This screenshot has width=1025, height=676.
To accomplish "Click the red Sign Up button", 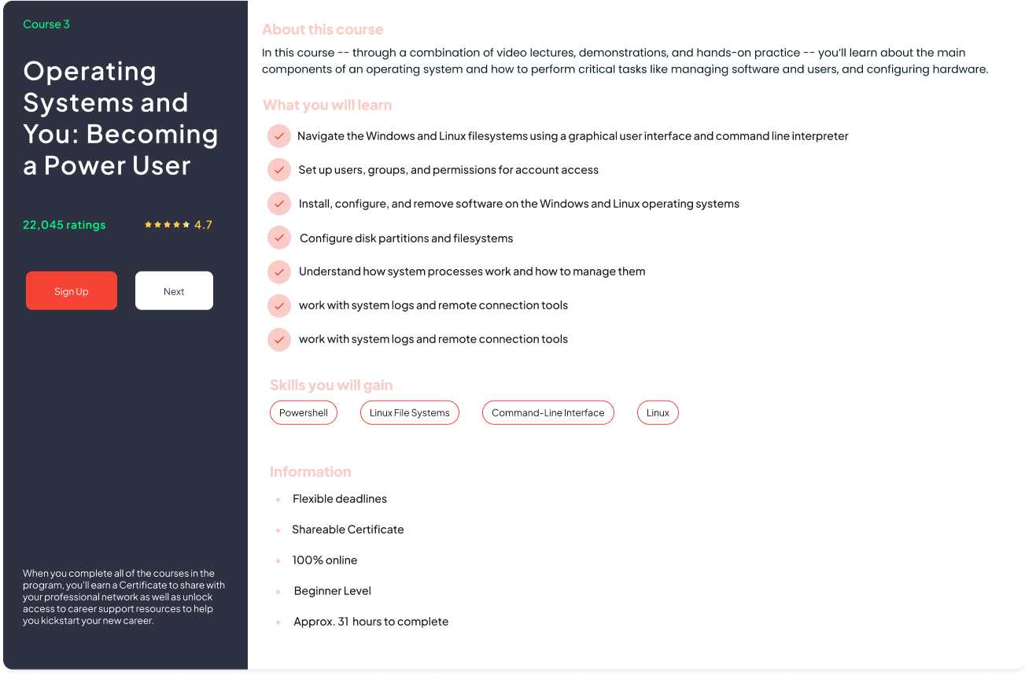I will point(72,291).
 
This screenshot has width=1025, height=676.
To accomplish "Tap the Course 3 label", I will point(46,24).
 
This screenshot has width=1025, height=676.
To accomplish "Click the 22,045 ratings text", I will point(64,225).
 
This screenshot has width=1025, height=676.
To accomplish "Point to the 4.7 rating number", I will point(203,225).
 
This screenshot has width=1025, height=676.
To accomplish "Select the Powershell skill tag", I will point(304,413).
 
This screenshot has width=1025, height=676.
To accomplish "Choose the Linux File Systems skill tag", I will point(409,413).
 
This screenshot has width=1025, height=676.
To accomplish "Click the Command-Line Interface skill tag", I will point(548,413).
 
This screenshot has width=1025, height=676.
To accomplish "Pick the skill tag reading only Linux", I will point(658,413).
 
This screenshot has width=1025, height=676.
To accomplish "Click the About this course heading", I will point(323,30).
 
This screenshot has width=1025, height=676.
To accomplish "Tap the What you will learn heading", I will point(327,105).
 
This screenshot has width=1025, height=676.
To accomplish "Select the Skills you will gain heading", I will point(331,386).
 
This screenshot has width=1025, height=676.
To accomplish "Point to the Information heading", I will point(310,472).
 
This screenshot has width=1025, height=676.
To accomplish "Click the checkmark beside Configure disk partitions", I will point(279,238).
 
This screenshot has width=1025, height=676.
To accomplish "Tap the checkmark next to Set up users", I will point(279,170).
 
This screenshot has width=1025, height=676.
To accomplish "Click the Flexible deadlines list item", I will point(340,499).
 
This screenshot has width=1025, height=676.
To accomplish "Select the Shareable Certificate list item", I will point(348,530).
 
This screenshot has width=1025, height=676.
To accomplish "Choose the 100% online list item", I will point(325,560).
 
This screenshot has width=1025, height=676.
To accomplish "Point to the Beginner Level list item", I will point(332,591).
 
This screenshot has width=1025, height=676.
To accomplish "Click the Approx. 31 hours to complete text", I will point(371,622).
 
